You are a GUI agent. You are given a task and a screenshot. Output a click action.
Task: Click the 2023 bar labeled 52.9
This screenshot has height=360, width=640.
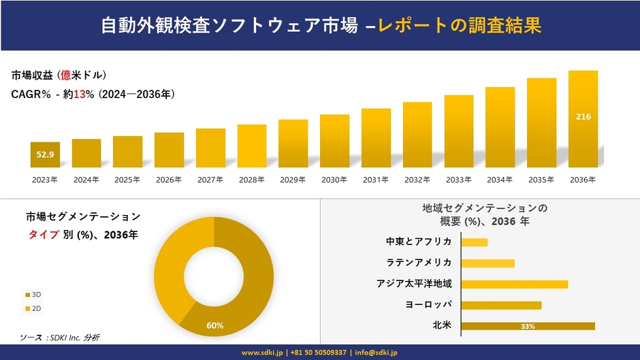pos(45,154)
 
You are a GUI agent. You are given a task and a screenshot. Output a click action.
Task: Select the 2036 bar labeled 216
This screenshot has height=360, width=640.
pos(583,118)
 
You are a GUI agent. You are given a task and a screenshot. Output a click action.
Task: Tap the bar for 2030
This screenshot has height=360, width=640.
pos(334,141)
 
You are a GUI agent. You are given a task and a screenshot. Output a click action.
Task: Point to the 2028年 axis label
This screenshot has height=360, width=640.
pos(251,180)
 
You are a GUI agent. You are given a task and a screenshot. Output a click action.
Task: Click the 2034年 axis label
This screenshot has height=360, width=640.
pos(500,180)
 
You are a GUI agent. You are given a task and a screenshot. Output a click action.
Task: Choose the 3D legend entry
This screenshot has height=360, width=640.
pos(33,294)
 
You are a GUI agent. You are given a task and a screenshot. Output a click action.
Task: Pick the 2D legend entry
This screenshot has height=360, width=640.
pos(33,309)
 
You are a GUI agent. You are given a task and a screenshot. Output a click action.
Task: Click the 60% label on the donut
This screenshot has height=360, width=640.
pos(215,325)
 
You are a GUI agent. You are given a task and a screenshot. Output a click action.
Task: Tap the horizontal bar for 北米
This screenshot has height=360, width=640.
pos(528,326)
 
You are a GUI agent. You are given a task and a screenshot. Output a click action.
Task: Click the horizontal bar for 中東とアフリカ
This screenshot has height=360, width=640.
pos(474,242)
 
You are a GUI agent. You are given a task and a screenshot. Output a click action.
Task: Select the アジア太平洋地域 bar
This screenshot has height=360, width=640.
pos(514,284)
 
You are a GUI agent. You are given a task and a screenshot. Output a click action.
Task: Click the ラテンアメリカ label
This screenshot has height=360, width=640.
pos(418,263)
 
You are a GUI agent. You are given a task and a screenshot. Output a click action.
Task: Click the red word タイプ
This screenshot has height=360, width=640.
pos(42,235)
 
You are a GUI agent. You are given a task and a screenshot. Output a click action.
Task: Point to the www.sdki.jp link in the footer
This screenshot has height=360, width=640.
pos(262,353)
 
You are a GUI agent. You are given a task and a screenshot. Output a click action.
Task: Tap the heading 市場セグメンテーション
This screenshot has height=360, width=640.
pos(83,217)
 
